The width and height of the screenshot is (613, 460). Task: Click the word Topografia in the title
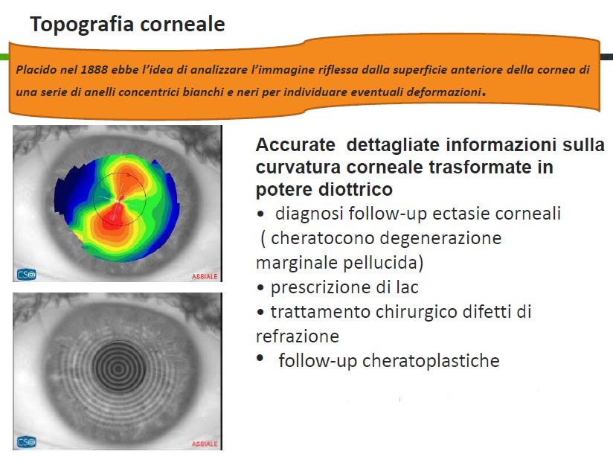coord(82,25)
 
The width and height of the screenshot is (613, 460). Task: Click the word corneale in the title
coord(182,24)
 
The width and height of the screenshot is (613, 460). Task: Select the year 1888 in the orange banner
coord(94,70)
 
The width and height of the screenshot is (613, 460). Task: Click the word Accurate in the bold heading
coord(295,144)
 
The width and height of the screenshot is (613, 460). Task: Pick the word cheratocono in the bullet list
coord(321,238)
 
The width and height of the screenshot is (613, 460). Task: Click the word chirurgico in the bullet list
coord(417,312)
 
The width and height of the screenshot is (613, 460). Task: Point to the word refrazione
coord(298,336)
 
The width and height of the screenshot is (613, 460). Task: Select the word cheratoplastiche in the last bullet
coord(431,361)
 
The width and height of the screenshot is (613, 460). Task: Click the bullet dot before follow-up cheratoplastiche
coord(260,358)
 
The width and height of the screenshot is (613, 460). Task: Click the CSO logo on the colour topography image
coord(27,275)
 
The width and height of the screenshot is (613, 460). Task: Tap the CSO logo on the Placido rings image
coord(27,442)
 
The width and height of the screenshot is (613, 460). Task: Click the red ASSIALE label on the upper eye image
coord(205,277)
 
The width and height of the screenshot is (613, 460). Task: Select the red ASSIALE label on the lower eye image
coord(205,444)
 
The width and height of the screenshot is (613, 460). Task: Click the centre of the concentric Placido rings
coord(119,368)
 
